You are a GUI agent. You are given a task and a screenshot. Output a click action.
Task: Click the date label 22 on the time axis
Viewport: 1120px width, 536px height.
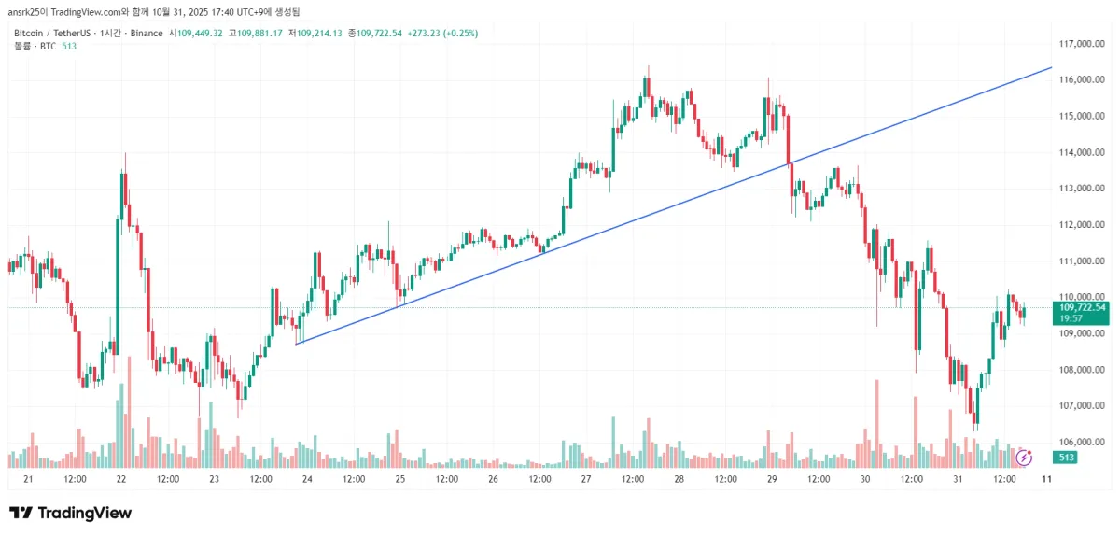(x=121, y=479)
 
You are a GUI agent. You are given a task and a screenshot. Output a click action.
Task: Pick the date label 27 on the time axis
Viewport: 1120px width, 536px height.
(x=586, y=479)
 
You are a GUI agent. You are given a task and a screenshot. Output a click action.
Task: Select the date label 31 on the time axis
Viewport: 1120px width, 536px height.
(x=958, y=479)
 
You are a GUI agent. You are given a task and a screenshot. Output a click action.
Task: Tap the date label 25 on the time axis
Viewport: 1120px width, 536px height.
(x=400, y=479)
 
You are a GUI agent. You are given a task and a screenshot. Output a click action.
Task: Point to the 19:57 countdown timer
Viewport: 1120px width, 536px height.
(x=1071, y=318)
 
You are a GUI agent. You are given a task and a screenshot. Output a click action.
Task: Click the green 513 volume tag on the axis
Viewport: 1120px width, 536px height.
(x=1064, y=458)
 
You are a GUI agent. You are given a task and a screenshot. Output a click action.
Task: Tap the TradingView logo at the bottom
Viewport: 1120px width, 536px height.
(x=71, y=513)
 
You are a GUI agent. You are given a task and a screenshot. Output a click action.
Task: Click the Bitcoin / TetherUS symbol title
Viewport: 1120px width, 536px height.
(x=53, y=33)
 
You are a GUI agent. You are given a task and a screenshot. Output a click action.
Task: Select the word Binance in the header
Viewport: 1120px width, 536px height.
(x=144, y=33)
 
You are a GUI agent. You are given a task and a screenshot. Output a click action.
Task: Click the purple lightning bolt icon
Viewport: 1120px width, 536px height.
(x=1024, y=458)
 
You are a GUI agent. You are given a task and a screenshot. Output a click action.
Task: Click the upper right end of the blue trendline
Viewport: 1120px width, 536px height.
(x=1051, y=68)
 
